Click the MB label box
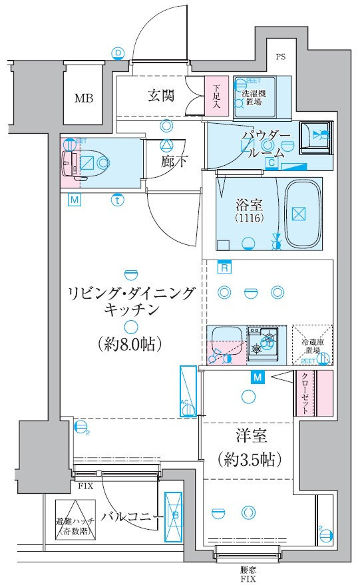point(83,98)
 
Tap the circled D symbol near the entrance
point(118,53)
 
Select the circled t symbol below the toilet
point(117,199)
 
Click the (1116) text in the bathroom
point(246,218)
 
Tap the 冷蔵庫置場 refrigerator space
point(311,345)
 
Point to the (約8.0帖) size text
point(130,344)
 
